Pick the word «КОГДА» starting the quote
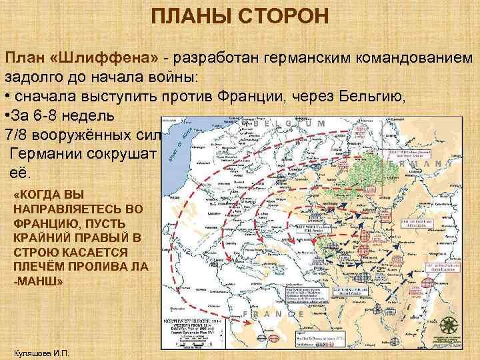[41, 195]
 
